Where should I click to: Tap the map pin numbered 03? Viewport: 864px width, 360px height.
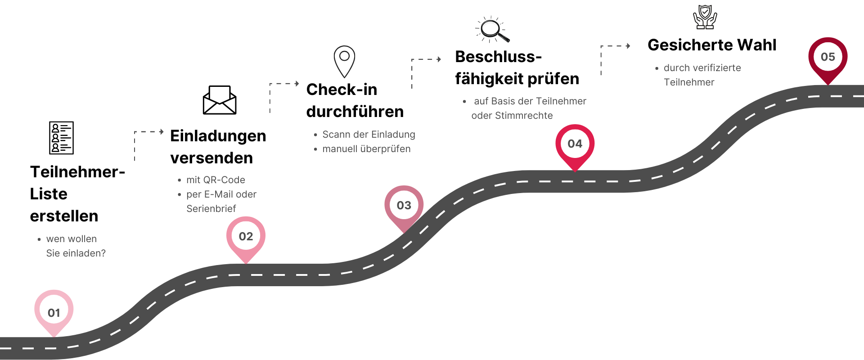click(404, 206)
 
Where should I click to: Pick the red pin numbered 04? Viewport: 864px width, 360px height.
click(575, 144)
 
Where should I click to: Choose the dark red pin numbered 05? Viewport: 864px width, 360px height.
click(828, 58)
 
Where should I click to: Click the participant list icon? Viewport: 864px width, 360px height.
click(61, 138)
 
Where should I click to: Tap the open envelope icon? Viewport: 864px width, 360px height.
click(220, 100)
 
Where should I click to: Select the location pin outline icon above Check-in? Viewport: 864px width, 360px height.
click(344, 61)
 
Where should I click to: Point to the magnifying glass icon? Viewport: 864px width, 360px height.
click(492, 30)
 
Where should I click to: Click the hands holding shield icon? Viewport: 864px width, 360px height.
click(705, 17)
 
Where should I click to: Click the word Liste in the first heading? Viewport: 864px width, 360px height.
click(49, 194)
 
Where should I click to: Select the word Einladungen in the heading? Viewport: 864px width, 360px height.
click(218, 136)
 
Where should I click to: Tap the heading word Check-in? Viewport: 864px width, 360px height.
click(342, 90)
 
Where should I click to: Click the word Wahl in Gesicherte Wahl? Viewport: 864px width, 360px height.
click(756, 45)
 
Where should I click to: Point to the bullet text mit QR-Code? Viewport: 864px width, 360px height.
click(216, 180)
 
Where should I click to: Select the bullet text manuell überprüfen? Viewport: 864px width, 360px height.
click(366, 149)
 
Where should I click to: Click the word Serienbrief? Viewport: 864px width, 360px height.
click(211, 209)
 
